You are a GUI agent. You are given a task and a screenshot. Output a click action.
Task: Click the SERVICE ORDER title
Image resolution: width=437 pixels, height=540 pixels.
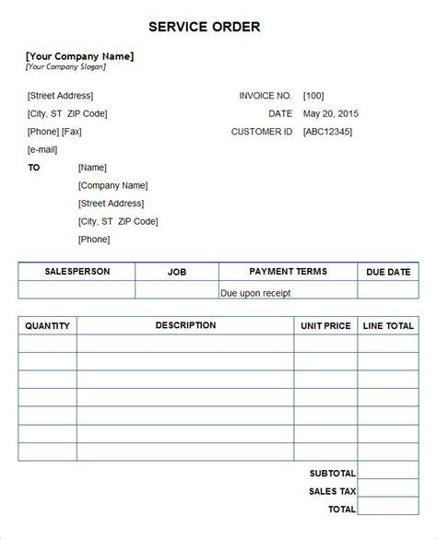tap(218, 27)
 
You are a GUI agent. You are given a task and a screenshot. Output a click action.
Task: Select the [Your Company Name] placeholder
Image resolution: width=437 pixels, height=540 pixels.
tap(80, 55)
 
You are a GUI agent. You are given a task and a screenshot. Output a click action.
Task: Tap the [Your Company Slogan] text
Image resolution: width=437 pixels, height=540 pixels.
tap(66, 66)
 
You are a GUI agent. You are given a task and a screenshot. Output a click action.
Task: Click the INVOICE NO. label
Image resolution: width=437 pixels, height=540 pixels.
tap(266, 96)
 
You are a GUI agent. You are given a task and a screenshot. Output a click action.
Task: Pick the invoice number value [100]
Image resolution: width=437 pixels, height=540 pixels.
tap(313, 96)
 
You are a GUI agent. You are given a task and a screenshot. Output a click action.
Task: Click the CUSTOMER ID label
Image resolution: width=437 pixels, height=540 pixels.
tap(262, 132)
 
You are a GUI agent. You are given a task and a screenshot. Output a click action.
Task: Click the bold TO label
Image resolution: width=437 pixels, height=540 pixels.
tap(34, 168)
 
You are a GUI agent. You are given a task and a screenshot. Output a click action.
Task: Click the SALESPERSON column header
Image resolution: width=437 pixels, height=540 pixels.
tap(77, 272)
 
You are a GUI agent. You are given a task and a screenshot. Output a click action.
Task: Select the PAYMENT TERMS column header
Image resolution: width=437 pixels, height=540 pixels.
tap(288, 272)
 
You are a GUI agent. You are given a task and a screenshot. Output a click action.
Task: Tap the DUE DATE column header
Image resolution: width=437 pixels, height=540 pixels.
tap(387, 272)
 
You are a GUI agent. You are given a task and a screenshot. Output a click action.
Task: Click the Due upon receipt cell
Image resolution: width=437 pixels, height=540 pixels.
tap(255, 292)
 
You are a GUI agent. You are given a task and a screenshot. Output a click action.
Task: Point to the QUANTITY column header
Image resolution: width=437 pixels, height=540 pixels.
tap(48, 325)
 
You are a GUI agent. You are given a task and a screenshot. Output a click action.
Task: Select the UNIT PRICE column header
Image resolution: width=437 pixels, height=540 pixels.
tap(325, 325)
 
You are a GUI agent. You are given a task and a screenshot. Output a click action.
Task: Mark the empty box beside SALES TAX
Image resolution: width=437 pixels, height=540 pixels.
tap(388, 490)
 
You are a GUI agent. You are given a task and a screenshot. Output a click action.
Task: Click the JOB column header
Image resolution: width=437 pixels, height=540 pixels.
tap(177, 272)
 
